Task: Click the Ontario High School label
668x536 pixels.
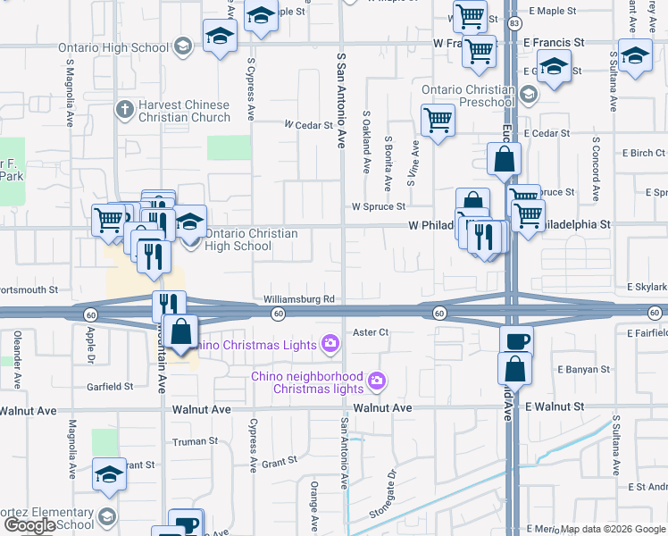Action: tap(113, 47)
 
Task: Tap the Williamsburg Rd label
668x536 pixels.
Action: tap(298, 298)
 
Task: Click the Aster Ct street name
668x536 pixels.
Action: tap(371, 332)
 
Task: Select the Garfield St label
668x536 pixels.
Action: tap(110, 387)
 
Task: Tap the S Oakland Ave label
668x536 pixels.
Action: tap(367, 142)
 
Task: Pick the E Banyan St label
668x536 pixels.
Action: tap(581, 368)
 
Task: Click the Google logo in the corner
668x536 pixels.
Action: tap(29, 525)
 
